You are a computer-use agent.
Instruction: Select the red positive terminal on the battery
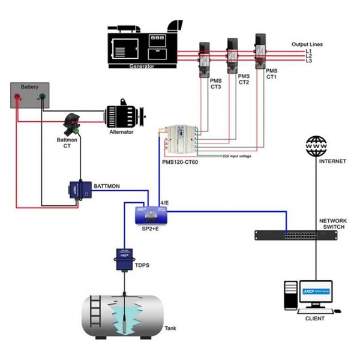(x=19, y=96)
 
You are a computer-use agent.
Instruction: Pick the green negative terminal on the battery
(x=42, y=96)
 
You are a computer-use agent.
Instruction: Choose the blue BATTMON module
(x=78, y=189)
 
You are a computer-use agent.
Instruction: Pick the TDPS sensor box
(x=124, y=259)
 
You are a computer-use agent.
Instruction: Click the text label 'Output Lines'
(x=307, y=44)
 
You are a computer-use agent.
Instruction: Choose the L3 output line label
(x=309, y=61)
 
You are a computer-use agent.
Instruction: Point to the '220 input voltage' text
(x=238, y=156)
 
